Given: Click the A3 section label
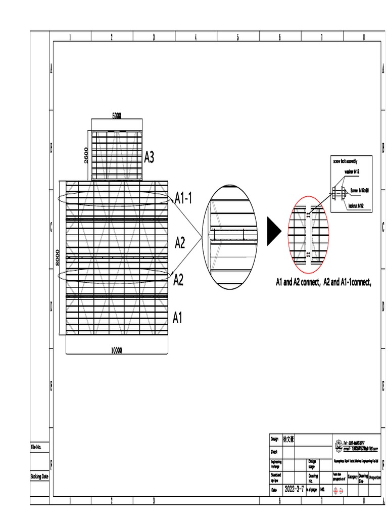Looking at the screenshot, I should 149,158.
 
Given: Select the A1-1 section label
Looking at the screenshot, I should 183,198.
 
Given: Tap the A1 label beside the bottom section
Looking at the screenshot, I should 177,318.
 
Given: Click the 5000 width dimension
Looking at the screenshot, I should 117,115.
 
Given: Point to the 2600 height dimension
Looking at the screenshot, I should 86,155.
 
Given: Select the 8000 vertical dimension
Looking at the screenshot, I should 59,257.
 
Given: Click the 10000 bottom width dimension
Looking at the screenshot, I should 117,350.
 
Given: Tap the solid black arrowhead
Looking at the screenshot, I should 273,232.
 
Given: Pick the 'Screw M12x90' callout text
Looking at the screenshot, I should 361,190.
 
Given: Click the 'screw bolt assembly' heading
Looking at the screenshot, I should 349,160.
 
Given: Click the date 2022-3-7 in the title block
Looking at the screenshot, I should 294,490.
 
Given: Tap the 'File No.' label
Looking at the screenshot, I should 39,447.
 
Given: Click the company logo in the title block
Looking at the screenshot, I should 338,444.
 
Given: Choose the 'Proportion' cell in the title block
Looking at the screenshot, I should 375,477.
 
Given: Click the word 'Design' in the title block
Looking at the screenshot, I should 275,439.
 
